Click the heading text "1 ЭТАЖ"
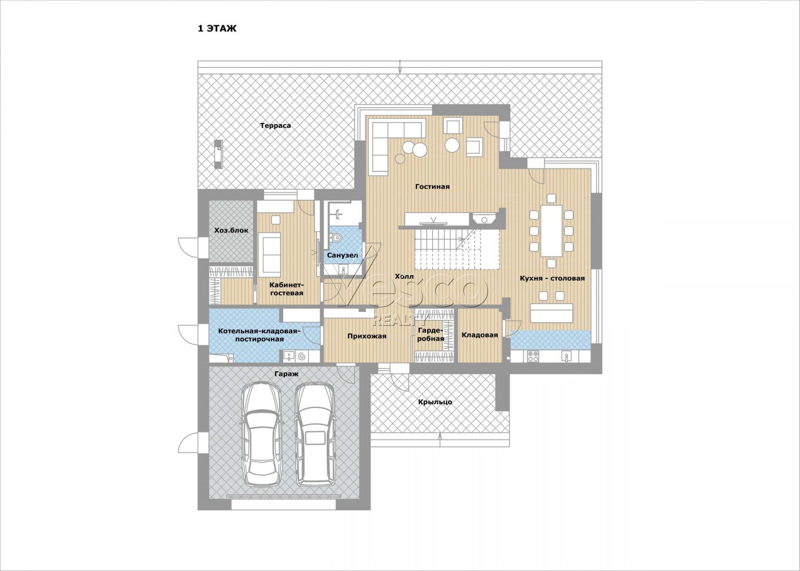click(x=217, y=29)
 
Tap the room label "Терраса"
click(x=275, y=126)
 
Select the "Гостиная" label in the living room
click(x=433, y=187)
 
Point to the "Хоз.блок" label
click(x=231, y=230)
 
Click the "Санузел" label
click(x=342, y=255)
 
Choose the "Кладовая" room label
click(x=479, y=335)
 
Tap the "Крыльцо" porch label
click(x=435, y=402)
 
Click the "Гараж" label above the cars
click(x=286, y=374)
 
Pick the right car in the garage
click(x=315, y=435)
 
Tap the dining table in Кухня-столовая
click(x=551, y=230)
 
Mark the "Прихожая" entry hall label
click(x=367, y=336)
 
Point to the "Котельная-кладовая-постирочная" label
click(x=259, y=335)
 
